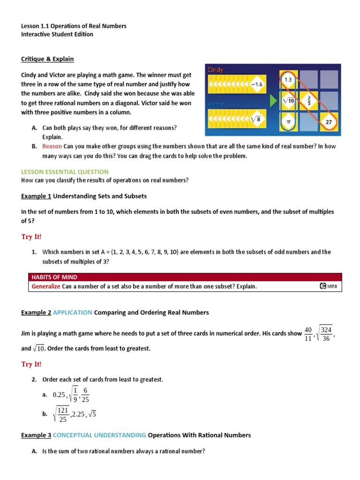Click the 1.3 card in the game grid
click(x=288, y=80)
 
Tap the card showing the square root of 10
click(x=288, y=100)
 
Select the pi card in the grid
click(x=288, y=121)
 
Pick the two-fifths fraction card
click(x=308, y=100)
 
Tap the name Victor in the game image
click(x=215, y=104)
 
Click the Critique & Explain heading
click(x=47, y=59)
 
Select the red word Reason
click(x=52, y=146)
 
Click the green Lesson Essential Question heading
click(x=65, y=172)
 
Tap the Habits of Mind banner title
click(x=54, y=277)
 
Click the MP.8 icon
click(x=328, y=286)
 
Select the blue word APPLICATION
click(x=73, y=312)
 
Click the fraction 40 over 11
click(x=307, y=334)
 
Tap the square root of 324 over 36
click(x=324, y=334)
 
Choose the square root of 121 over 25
click(x=62, y=414)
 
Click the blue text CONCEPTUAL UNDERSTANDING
click(x=99, y=435)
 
